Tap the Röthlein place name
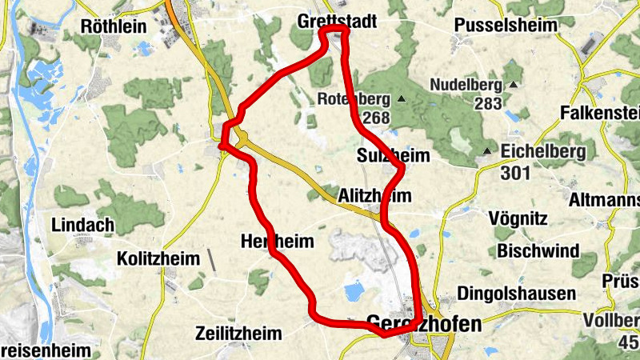tap(114, 26)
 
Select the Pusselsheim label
tap(505, 26)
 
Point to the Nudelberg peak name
tap(465, 85)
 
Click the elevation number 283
tap(487, 102)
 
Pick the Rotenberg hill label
tap(354, 100)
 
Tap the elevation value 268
tap(375, 118)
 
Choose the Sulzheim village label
tap(393, 155)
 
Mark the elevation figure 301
tap(515, 172)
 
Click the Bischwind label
tap(538, 251)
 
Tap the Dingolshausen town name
tap(516, 294)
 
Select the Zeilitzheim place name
tap(238, 334)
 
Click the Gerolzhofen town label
tap(424, 324)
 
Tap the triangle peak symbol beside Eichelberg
tap(486, 151)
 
